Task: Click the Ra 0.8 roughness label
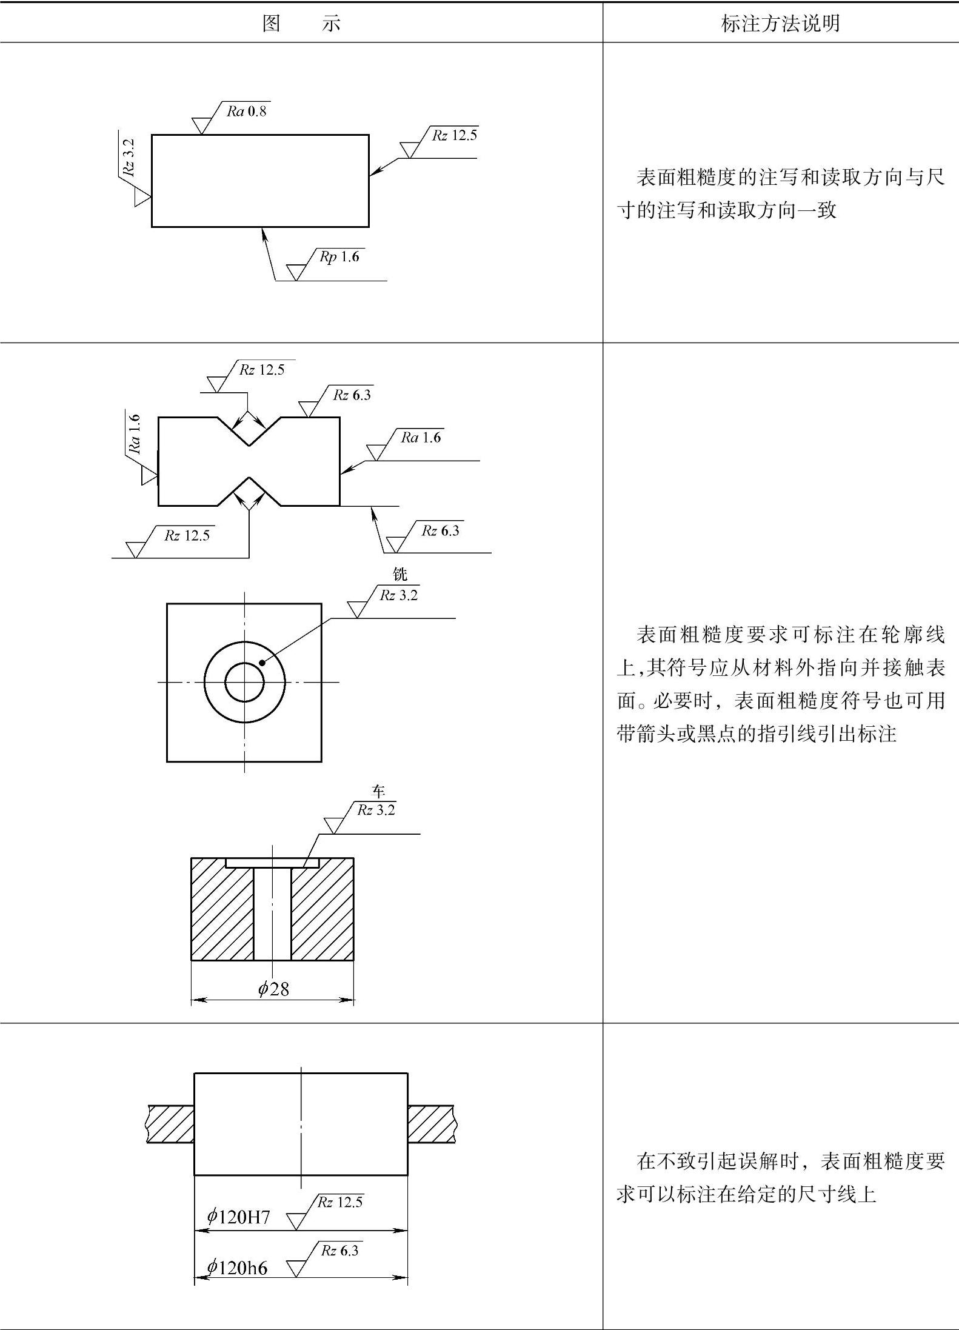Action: [247, 111]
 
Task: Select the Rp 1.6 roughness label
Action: [339, 257]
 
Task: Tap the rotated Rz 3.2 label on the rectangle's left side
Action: [129, 157]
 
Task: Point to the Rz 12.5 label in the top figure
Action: [455, 135]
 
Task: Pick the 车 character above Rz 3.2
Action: [378, 791]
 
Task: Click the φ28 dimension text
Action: [273, 989]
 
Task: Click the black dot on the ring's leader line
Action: [262, 662]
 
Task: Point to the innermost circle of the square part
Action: [244, 682]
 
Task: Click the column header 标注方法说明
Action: [780, 23]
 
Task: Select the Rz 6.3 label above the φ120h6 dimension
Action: [339, 1251]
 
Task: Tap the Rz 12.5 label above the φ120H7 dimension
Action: [340, 1202]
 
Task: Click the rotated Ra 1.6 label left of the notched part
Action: [135, 433]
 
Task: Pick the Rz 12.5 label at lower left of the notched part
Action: [187, 535]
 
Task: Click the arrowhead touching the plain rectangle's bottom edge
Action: [263, 230]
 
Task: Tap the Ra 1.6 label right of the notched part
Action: [421, 438]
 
